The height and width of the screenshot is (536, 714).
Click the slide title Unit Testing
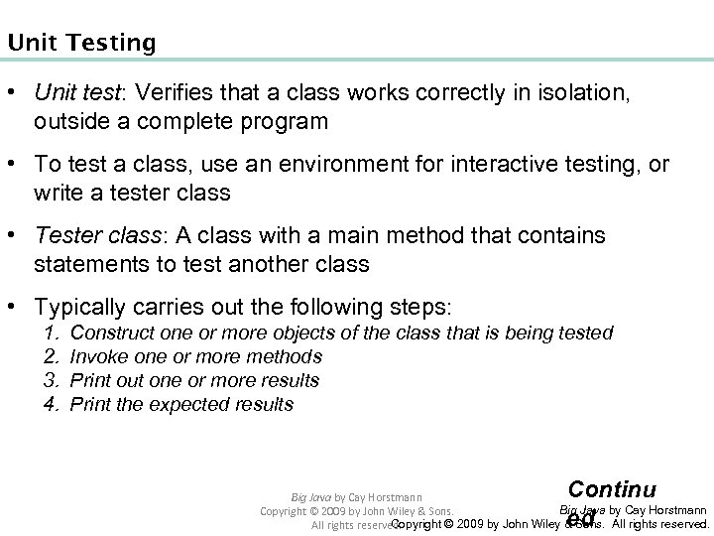[80, 43]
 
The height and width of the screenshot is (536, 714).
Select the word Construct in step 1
[108, 334]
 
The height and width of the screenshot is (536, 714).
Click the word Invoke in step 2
[99, 357]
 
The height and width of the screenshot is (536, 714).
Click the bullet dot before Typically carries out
[16, 308]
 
